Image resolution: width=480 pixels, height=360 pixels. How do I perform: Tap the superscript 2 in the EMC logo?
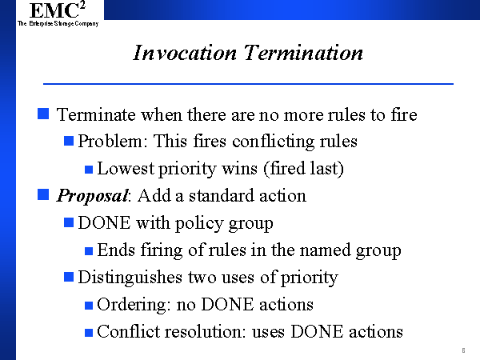pyautogui.click(x=82, y=6)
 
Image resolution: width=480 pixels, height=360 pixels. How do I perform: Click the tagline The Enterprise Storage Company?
pyautogui.click(x=58, y=23)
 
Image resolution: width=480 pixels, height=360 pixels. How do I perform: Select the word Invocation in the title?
pyautogui.click(x=185, y=53)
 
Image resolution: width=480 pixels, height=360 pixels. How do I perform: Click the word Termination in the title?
pyautogui.click(x=303, y=53)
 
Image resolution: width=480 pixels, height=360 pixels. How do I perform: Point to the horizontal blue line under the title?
pyautogui.click(x=248, y=83)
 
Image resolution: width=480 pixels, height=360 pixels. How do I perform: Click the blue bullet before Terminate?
pyautogui.click(x=43, y=114)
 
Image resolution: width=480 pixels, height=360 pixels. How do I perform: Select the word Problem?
pyautogui.click(x=110, y=141)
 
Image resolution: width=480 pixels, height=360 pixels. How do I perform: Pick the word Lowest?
pyautogui.click(x=126, y=168)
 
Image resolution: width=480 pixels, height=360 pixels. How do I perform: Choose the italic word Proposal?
pyautogui.click(x=93, y=196)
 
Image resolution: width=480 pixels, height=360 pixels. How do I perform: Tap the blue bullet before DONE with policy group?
pyautogui.click(x=69, y=222)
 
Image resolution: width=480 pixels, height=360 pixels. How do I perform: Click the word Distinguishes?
pyautogui.click(x=130, y=278)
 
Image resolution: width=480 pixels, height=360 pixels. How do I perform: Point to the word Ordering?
pyautogui.click(x=134, y=305)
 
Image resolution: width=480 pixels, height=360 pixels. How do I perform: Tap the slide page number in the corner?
pyautogui.click(x=463, y=350)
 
